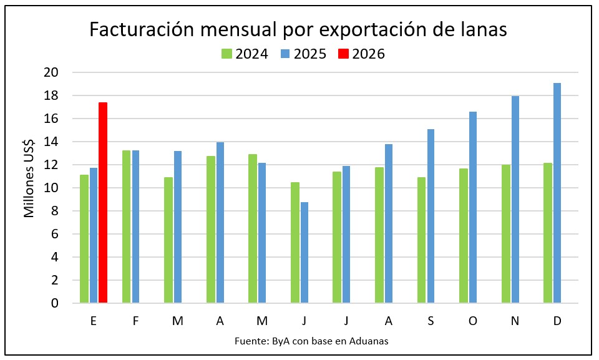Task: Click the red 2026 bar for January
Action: click(103, 203)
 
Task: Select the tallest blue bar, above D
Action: click(557, 193)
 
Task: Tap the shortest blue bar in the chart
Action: click(304, 253)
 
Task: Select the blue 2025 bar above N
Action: click(515, 200)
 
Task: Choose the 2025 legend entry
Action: click(304, 54)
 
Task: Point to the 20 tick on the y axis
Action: click(52, 72)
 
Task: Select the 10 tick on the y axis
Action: click(52, 188)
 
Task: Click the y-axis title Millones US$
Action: click(29, 177)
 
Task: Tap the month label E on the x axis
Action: click(93, 321)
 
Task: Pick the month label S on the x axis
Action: click(431, 321)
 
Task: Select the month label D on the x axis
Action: click(557, 321)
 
